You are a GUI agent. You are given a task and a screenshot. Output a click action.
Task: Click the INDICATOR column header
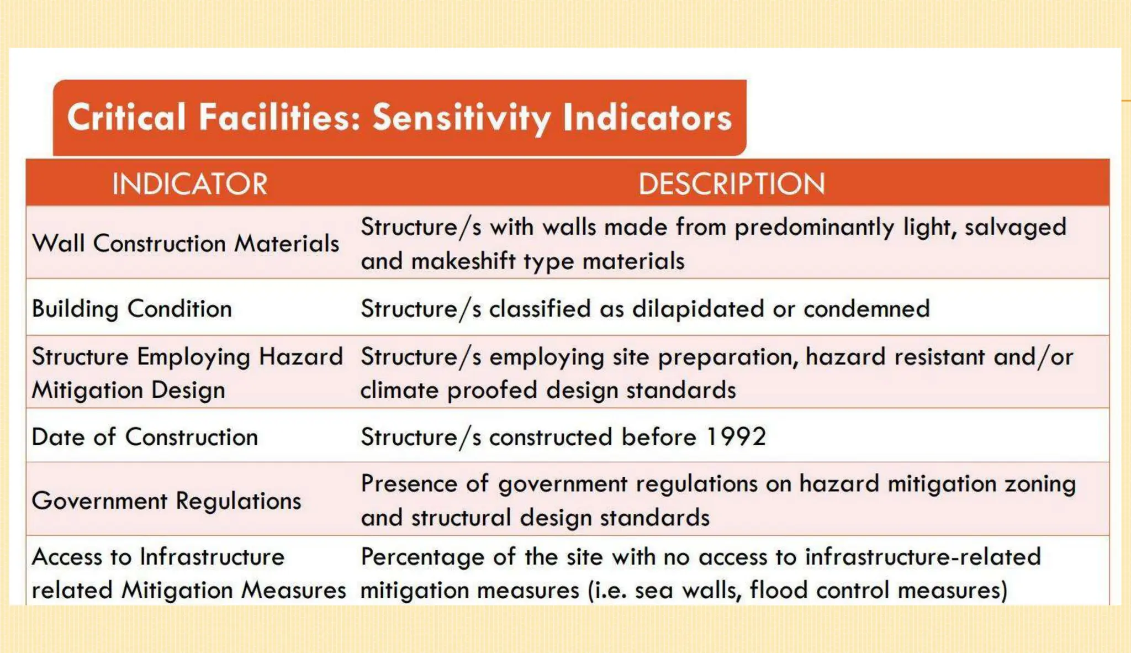pyautogui.click(x=189, y=184)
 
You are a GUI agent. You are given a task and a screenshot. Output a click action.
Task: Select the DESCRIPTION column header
pyautogui.click(x=731, y=184)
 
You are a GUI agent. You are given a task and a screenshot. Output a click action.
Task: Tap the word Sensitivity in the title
pyautogui.click(x=461, y=118)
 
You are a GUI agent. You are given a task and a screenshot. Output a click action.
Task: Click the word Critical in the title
pyautogui.click(x=126, y=118)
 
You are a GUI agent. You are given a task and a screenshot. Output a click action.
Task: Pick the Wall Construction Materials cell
pyautogui.click(x=186, y=244)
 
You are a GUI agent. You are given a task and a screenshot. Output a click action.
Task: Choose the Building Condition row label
pyautogui.click(x=132, y=309)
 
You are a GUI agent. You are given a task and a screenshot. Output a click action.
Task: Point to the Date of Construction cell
pyautogui.click(x=145, y=437)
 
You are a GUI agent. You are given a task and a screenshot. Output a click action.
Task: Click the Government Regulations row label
pyautogui.click(x=167, y=501)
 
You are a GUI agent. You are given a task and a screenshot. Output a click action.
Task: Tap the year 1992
pyautogui.click(x=736, y=437)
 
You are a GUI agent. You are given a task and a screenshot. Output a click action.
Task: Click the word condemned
pyautogui.click(x=866, y=309)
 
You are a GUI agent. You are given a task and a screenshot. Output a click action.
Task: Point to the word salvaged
pyautogui.click(x=1015, y=228)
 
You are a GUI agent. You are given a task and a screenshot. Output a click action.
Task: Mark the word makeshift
pyautogui.click(x=463, y=261)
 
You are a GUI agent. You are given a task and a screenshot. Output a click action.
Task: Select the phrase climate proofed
pyautogui.click(x=448, y=391)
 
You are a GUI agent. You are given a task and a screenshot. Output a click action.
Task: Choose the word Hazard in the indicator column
pyautogui.click(x=300, y=357)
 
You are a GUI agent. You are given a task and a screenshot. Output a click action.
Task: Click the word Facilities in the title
pyautogui.click(x=279, y=118)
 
